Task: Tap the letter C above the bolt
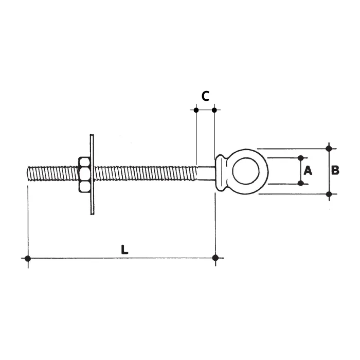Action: [205, 96]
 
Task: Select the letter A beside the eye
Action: [308, 170]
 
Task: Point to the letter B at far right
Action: [335, 170]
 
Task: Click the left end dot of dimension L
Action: [28, 258]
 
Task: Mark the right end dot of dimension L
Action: [215, 258]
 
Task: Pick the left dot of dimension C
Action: [196, 110]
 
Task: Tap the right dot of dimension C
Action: [214, 110]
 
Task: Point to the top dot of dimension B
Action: [329, 149]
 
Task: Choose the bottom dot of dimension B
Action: [329, 193]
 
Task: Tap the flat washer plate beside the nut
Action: [92, 174]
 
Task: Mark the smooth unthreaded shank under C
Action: [205, 173]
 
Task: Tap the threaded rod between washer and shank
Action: [144, 173]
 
